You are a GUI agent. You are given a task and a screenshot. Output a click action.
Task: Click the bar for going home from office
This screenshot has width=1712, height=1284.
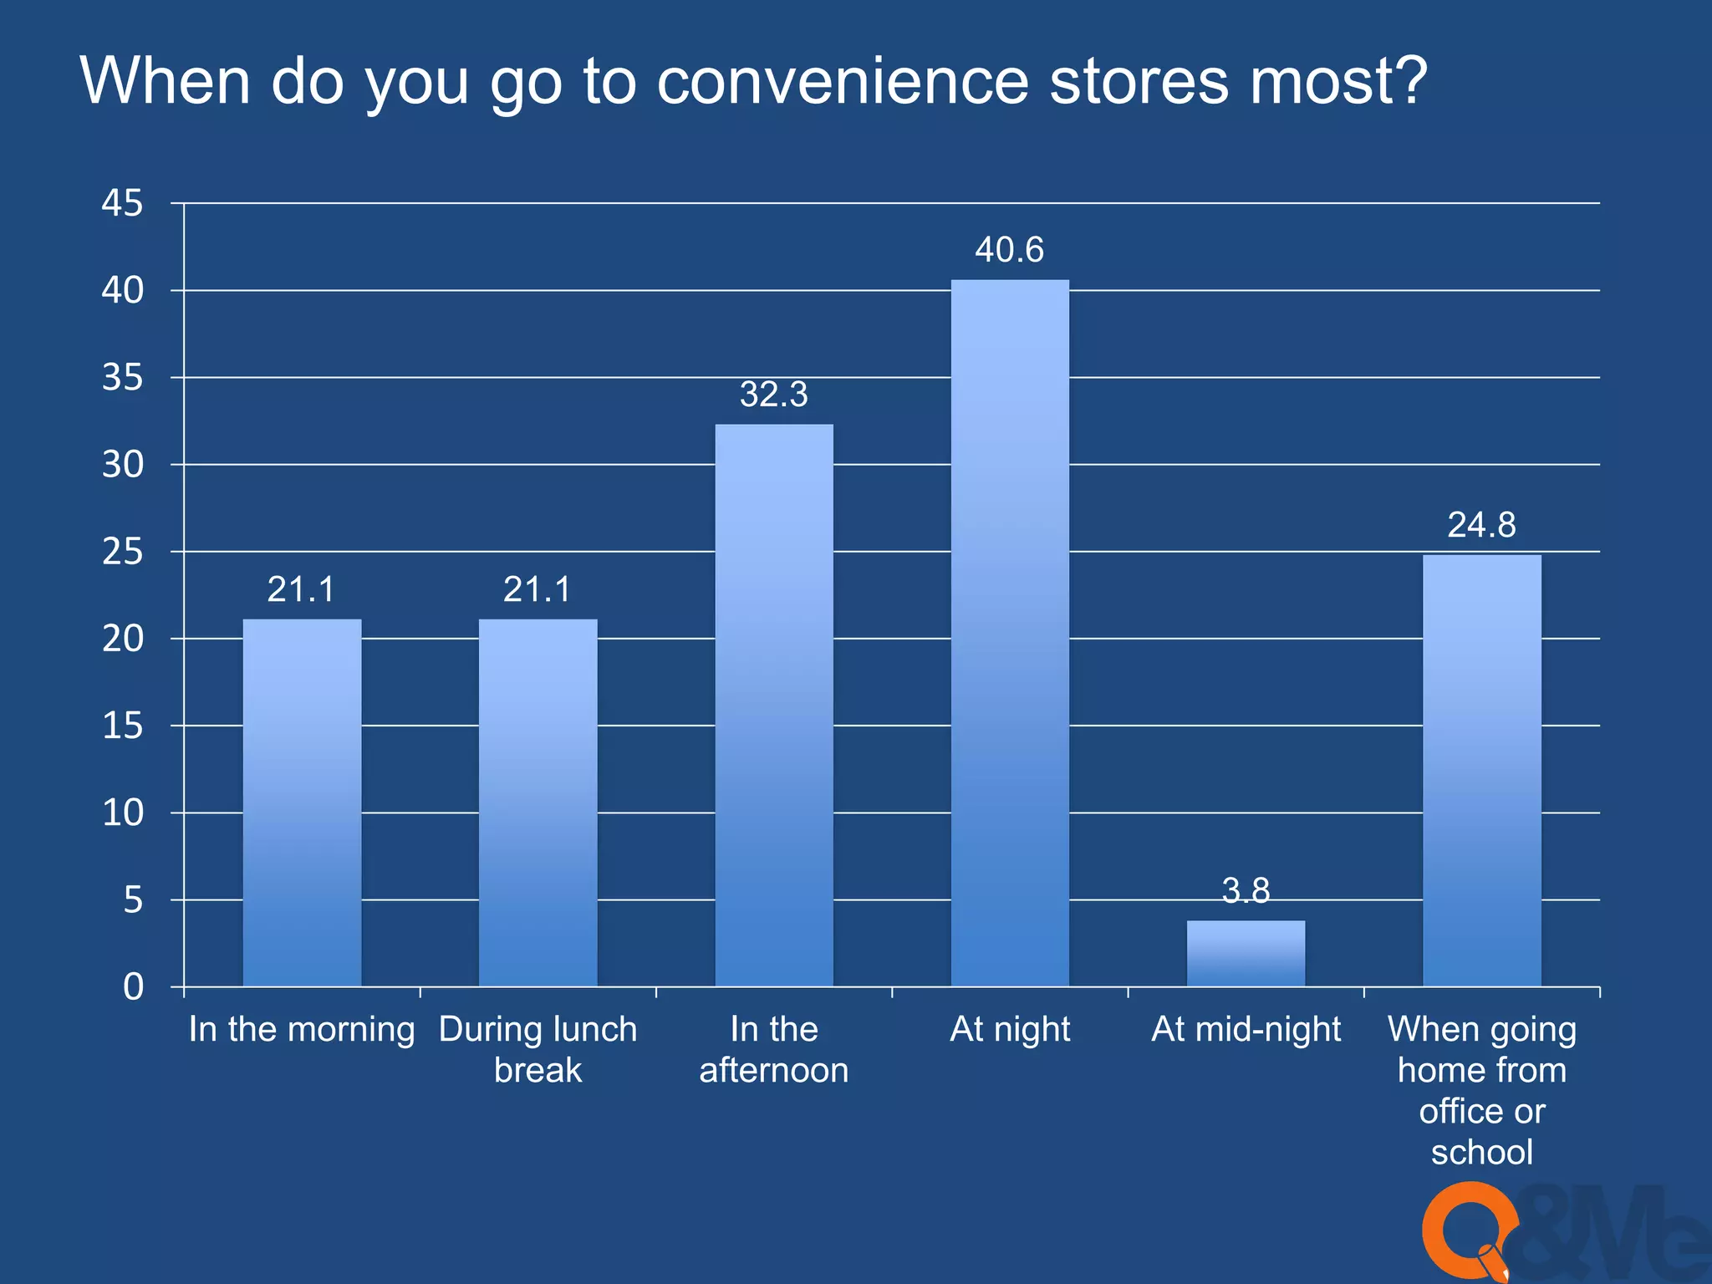coord(1481,770)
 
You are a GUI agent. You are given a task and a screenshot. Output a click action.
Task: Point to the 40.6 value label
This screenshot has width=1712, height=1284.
coord(1009,250)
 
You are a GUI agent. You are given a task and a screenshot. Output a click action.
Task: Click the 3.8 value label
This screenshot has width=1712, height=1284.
coord(1246,890)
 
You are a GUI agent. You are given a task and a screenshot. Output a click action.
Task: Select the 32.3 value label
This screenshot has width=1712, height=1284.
coord(773,395)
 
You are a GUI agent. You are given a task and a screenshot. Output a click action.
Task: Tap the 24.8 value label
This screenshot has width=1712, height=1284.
coord(1481,525)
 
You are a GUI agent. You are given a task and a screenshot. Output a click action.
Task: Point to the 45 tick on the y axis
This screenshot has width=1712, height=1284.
coord(122,203)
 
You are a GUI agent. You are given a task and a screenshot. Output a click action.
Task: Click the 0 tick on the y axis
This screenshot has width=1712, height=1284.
coord(133,987)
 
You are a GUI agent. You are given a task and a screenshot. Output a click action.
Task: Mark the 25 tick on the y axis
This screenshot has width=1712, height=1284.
coord(122,552)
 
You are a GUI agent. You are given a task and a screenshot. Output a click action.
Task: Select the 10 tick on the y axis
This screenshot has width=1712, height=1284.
coord(122,813)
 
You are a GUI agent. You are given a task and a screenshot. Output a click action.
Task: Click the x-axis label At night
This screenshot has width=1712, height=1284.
coord(1010,1029)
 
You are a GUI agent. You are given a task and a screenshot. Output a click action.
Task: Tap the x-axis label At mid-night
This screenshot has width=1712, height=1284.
coord(1246,1029)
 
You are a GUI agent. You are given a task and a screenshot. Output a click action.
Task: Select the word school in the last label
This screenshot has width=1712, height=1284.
coord(1481,1152)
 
